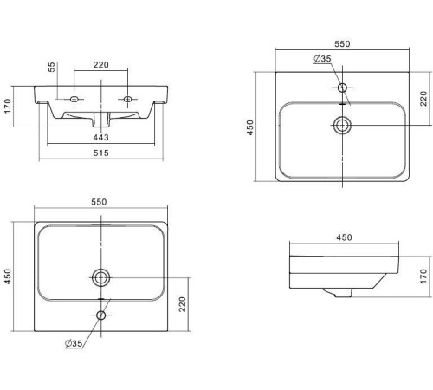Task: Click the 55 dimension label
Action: (x=51, y=67)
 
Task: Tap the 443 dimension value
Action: (x=100, y=138)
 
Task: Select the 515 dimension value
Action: (x=100, y=153)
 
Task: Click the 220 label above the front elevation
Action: (x=100, y=65)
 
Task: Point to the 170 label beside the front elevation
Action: (x=8, y=106)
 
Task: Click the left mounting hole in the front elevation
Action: (x=74, y=99)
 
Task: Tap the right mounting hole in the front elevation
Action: (x=127, y=99)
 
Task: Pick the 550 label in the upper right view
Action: (x=342, y=44)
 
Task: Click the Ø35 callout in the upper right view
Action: (x=322, y=59)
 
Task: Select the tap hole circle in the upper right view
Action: (x=342, y=88)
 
